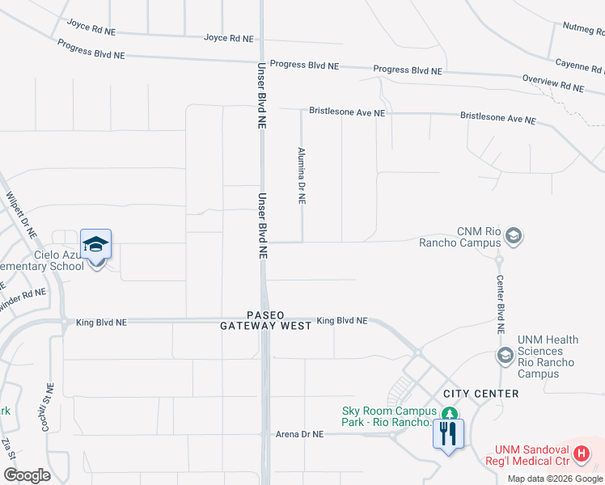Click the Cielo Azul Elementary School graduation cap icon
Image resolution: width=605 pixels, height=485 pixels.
(x=95, y=245)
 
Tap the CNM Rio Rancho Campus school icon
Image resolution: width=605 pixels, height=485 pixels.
(x=512, y=236)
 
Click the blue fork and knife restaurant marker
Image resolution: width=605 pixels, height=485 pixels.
(x=447, y=433)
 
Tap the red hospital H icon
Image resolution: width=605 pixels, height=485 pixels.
(x=580, y=454)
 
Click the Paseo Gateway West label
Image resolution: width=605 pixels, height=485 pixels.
(x=266, y=320)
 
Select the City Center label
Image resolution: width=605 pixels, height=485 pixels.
(x=480, y=394)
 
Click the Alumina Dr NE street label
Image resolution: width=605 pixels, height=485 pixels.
(x=302, y=175)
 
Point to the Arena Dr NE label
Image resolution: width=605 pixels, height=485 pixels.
(x=299, y=434)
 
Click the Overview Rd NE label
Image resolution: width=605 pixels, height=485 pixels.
(x=552, y=83)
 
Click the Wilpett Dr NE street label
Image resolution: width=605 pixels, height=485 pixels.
(x=21, y=213)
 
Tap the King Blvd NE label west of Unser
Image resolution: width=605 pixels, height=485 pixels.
(x=101, y=322)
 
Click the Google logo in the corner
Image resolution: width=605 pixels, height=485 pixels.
(x=26, y=475)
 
